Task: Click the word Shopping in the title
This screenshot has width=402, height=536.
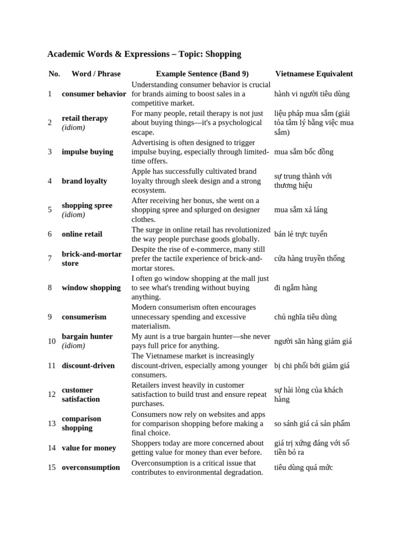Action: coord(223,54)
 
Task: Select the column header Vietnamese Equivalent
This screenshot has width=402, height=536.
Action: coord(314,74)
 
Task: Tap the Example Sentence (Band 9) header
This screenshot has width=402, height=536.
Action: coord(202,74)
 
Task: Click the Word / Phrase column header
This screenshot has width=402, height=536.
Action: coord(96,74)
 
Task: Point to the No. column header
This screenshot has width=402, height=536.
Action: coord(54,74)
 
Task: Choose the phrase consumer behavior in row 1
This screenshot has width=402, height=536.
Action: coord(94,94)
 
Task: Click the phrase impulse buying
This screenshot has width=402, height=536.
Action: coord(87,152)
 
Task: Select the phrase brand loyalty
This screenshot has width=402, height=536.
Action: coord(84,181)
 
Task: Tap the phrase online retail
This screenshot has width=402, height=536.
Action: coord(82,234)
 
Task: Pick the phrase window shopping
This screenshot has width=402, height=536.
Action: coord(91,287)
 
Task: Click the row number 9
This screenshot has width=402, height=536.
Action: coord(50,317)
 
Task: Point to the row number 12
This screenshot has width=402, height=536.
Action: coord(52,394)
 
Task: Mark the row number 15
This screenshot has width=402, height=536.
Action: coord(52,467)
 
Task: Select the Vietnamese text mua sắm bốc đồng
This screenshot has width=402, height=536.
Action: coord(304,152)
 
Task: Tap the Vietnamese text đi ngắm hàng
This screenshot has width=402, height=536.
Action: coord(295,287)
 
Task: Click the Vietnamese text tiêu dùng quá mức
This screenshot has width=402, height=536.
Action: coord(303,467)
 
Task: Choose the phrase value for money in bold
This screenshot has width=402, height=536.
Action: coord(89,448)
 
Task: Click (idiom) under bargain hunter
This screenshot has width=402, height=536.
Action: coord(73,345)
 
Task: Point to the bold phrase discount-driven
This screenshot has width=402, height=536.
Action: coord(88,365)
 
